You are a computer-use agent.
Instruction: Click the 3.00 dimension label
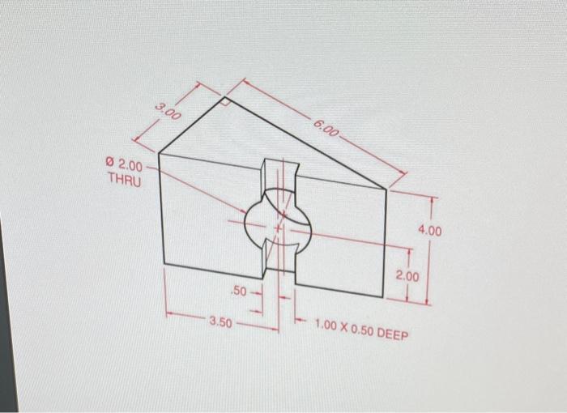point(168,113)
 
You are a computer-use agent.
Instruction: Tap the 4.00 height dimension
point(430,232)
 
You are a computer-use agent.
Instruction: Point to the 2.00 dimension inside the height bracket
point(408,277)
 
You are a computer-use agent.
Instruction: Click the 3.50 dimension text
point(220,322)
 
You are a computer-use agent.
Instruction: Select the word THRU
point(124,181)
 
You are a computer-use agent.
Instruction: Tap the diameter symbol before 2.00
point(110,166)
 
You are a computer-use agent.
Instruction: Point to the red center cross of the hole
point(278,229)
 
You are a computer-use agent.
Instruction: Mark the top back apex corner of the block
point(224,96)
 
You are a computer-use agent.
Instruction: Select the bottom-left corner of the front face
point(164,264)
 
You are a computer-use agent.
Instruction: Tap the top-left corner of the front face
point(159,154)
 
